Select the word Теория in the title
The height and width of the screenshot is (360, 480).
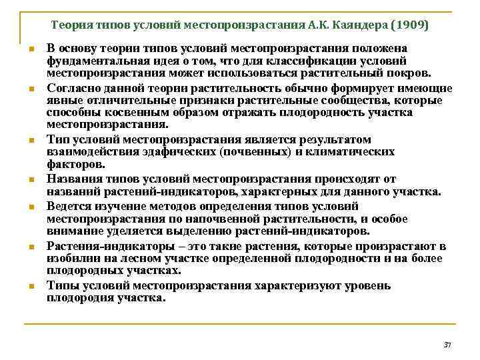70,26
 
